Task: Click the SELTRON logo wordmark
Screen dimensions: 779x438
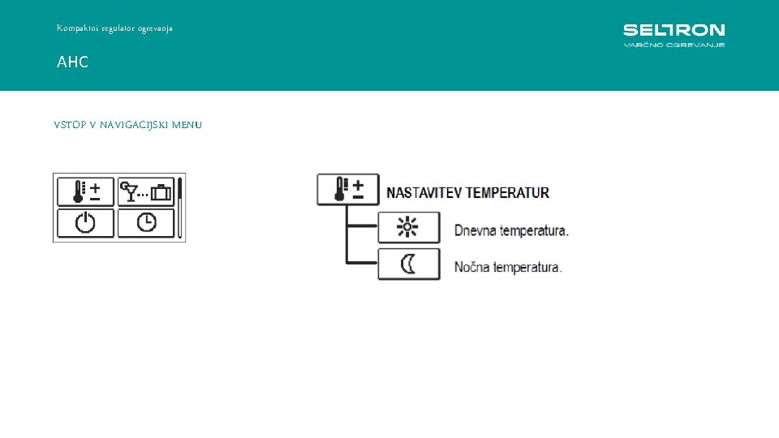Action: pos(674,30)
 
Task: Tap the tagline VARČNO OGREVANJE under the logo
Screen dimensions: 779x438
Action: pos(674,45)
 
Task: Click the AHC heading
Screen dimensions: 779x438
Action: pos(72,62)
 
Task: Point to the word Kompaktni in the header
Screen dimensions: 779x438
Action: pos(75,28)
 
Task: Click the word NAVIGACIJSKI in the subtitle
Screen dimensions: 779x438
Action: pos(135,125)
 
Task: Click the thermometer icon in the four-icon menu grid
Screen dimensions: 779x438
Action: pos(86,191)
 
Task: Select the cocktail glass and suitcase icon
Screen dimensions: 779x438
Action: pos(146,191)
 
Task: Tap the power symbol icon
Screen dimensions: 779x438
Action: pos(86,222)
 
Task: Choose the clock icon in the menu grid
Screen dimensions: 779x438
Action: pos(146,222)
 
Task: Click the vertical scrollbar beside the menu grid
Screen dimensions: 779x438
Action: pos(181,207)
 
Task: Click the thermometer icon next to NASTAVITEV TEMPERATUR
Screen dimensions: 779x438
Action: pos(347,190)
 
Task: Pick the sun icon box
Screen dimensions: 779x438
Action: pos(408,228)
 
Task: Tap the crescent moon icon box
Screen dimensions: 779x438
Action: pos(408,264)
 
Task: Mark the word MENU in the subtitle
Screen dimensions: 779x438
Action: pos(187,125)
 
